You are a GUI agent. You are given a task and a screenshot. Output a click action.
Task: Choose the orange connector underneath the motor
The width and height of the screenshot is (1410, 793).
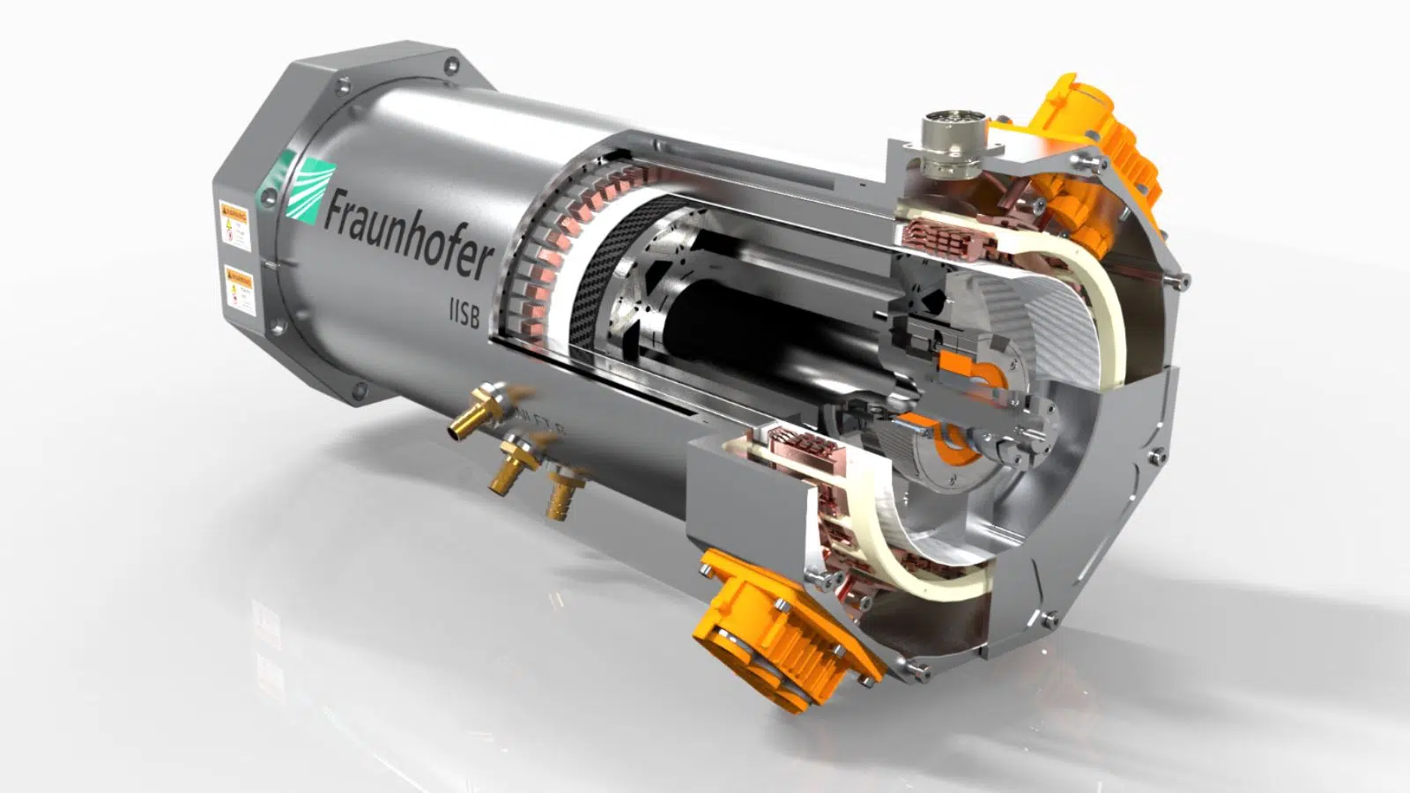click(775, 626)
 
